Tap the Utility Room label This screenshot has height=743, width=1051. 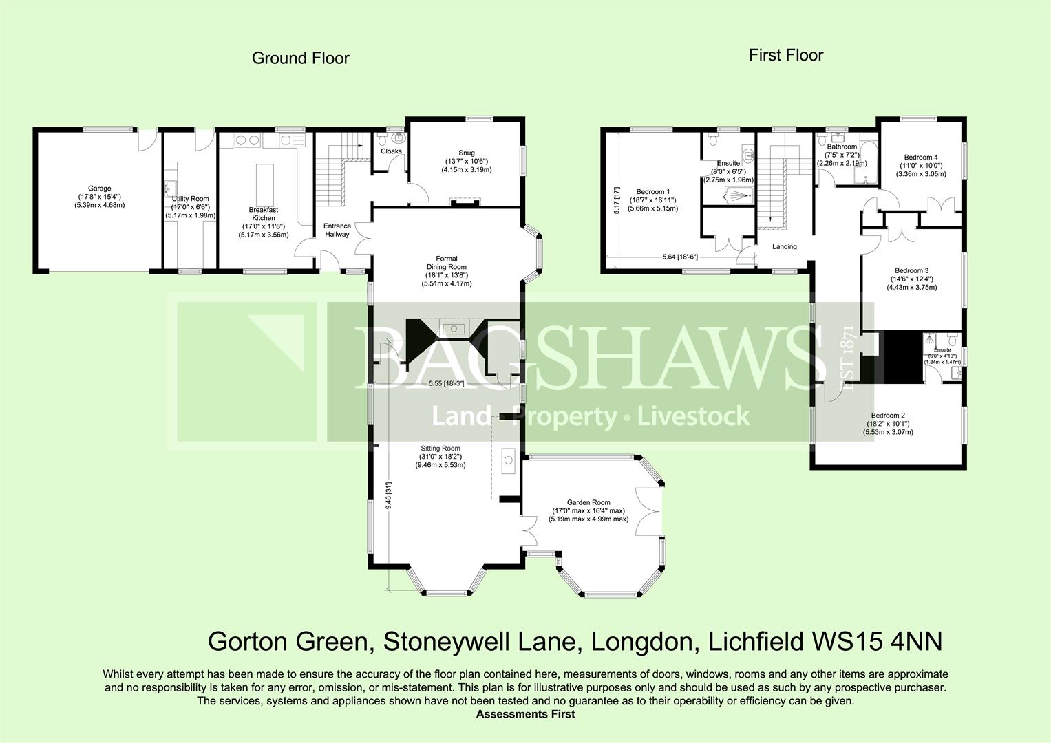pos(190,199)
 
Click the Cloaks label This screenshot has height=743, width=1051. pos(390,151)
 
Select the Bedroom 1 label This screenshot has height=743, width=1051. pos(652,191)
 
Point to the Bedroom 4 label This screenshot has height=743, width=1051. pos(922,158)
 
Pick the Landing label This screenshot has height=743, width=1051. pos(784,246)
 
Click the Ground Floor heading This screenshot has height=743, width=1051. pos(300,58)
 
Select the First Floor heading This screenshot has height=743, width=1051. pos(785,56)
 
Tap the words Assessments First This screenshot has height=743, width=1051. pos(525,714)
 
